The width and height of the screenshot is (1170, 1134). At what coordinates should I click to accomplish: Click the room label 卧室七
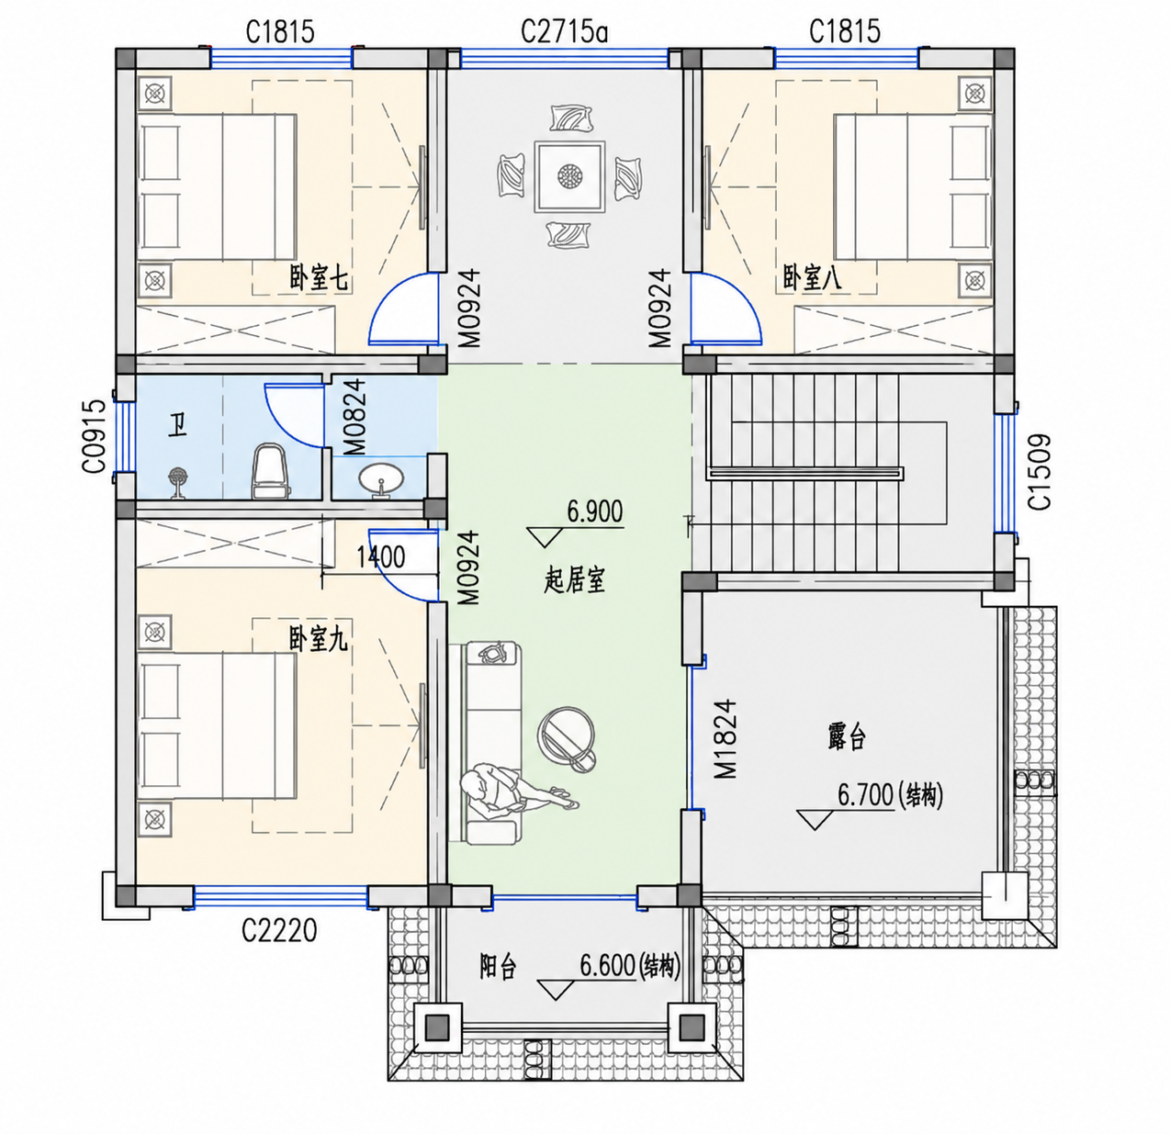(319, 279)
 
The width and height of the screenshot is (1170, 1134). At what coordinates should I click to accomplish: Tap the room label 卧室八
(812, 278)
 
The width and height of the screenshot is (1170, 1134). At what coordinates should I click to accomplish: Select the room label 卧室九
(319, 639)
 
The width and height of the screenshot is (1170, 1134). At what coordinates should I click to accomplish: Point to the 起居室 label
(574, 581)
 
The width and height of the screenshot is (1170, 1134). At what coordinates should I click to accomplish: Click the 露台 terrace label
(847, 737)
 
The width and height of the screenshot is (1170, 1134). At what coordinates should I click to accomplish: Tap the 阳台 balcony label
(498, 967)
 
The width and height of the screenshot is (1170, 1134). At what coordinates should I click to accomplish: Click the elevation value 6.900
(594, 511)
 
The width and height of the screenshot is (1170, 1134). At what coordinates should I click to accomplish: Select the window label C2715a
(564, 32)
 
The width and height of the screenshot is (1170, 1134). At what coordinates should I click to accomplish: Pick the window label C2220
(279, 931)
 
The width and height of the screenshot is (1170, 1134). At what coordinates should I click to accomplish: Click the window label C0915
(95, 436)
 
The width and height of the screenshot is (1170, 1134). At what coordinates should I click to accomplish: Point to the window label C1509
(1039, 472)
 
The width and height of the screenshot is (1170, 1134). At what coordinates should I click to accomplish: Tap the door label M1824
(726, 739)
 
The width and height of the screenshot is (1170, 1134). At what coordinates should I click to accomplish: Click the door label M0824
(354, 417)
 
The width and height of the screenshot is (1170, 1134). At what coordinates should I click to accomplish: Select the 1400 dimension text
(380, 557)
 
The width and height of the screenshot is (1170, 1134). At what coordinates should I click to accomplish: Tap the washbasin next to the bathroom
(381, 480)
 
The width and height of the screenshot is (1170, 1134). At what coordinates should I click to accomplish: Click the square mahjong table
(568, 177)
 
